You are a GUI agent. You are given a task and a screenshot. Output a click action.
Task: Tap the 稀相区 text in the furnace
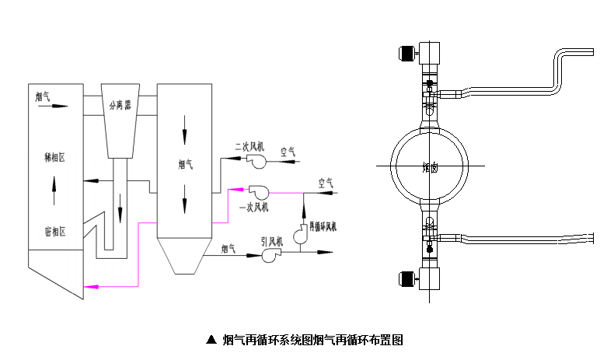[54, 156]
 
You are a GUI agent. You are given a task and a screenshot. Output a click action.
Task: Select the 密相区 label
[54, 231]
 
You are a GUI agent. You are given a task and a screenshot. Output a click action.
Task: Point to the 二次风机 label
[250, 145]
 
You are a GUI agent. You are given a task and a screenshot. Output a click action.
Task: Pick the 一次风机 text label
[255, 207]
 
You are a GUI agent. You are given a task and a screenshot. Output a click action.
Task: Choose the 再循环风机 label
[323, 227]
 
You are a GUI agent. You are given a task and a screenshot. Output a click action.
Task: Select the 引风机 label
[271, 242]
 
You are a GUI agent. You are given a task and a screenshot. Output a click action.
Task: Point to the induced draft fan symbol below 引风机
[271, 256]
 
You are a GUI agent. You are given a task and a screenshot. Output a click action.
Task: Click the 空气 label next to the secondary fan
[288, 153]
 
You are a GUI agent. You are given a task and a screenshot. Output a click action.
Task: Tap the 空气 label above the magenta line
[326, 183]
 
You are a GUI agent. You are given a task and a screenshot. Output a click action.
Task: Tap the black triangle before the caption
[210, 340]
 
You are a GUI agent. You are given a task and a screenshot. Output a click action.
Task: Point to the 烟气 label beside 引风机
[229, 249]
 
